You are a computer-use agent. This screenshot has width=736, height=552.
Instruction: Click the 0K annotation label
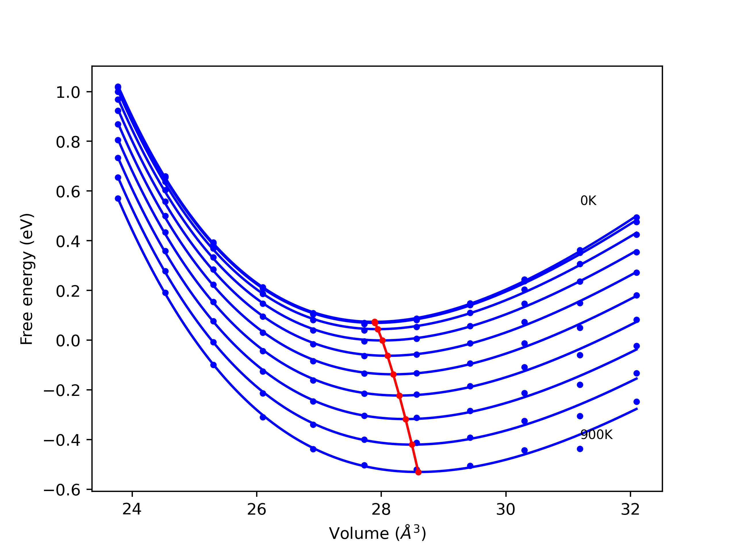(588, 201)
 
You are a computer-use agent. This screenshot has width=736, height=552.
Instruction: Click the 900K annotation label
(596, 435)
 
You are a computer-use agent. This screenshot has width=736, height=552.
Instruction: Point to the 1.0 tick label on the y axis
(68, 93)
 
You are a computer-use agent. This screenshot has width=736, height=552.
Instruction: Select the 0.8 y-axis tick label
(68, 142)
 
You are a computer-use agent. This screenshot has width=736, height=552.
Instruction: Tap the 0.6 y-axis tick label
(68, 192)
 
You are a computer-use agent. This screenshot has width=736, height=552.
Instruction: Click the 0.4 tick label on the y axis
(68, 241)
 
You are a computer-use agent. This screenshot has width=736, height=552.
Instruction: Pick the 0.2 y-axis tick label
(68, 292)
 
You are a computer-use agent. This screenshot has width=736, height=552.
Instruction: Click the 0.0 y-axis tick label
(68, 341)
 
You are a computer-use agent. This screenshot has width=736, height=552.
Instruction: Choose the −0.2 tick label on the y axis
(62, 391)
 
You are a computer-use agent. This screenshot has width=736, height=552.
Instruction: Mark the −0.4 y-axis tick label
(62, 440)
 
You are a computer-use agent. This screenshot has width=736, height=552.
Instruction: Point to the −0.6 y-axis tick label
(62, 490)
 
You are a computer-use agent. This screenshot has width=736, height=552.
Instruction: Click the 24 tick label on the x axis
(132, 509)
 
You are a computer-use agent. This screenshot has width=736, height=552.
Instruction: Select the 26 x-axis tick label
(256, 509)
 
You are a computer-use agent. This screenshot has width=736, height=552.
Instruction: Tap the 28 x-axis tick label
(381, 509)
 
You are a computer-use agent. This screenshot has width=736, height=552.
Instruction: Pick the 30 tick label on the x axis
(505, 509)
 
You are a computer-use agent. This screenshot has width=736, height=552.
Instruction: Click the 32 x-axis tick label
(630, 509)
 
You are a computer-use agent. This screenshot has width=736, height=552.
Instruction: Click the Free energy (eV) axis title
(27, 279)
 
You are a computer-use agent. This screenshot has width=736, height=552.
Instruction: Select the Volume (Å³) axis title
(377, 534)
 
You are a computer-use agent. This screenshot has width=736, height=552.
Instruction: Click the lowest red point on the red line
(419, 472)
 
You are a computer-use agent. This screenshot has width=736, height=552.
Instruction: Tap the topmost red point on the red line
(375, 322)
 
